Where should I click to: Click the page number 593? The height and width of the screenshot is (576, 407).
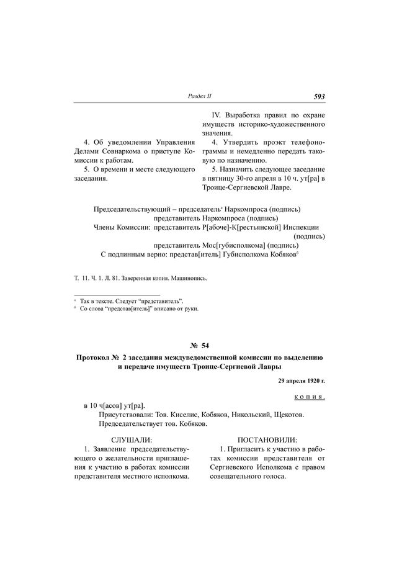tap(320, 96)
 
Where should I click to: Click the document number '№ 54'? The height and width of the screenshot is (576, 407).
tap(203, 345)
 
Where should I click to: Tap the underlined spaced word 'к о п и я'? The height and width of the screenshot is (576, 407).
tap(309, 395)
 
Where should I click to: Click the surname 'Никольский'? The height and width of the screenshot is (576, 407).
tap(254, 414)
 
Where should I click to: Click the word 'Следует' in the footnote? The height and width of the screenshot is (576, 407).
tap(127, 300)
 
